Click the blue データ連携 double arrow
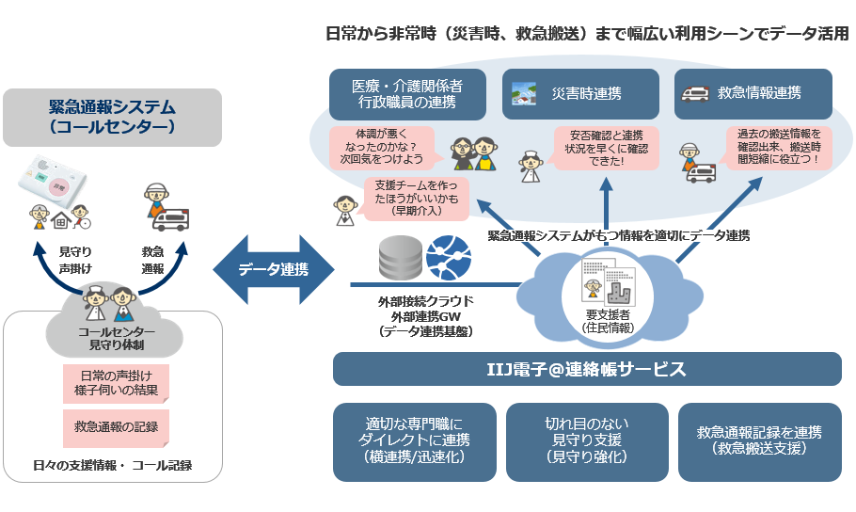click(273, 269)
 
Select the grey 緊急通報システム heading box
click(112, 117)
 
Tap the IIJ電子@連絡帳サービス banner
click(587, 369)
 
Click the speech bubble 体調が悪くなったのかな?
click(380, 148)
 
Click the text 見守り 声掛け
click(74, 260)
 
